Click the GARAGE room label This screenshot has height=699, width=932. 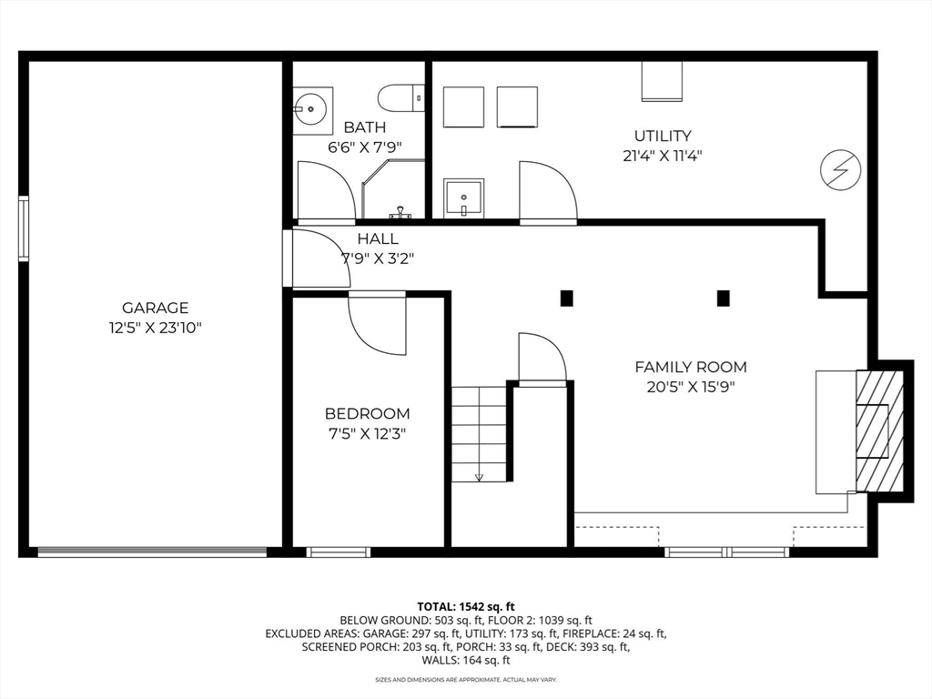pos(155,308)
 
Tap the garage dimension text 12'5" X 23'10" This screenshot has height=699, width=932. pos(155,328)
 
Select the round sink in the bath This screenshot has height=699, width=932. pos(311,110)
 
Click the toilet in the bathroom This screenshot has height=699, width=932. pos(401,97)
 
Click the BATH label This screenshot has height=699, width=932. pos(364,127)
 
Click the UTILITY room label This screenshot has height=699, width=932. pos(663,136)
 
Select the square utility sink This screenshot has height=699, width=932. pos(463,198)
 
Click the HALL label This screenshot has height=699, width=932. pos(377,238)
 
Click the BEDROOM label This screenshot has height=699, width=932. pos(367,413)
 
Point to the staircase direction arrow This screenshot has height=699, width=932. pos(479,475)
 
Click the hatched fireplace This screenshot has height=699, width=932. pos(878,429)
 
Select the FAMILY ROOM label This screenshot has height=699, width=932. pos(690,367)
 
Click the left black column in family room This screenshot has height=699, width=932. pos(566,298)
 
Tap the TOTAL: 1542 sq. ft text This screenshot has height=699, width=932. pos(466,605)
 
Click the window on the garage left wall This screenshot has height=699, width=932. pos(24,228)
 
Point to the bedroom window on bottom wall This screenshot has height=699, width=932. pos(338,552)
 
